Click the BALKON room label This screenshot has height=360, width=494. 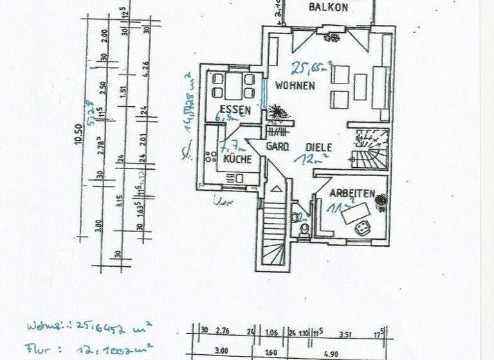coord(328,8)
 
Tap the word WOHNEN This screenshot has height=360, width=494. coord(295,85)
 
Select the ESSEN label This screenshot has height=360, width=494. coord(234,109)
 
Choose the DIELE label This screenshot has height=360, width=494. coord(319,147)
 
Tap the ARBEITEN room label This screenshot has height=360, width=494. coord(352,193)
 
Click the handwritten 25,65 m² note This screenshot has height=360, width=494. coord(312,67)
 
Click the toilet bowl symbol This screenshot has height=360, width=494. coord(303,228)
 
